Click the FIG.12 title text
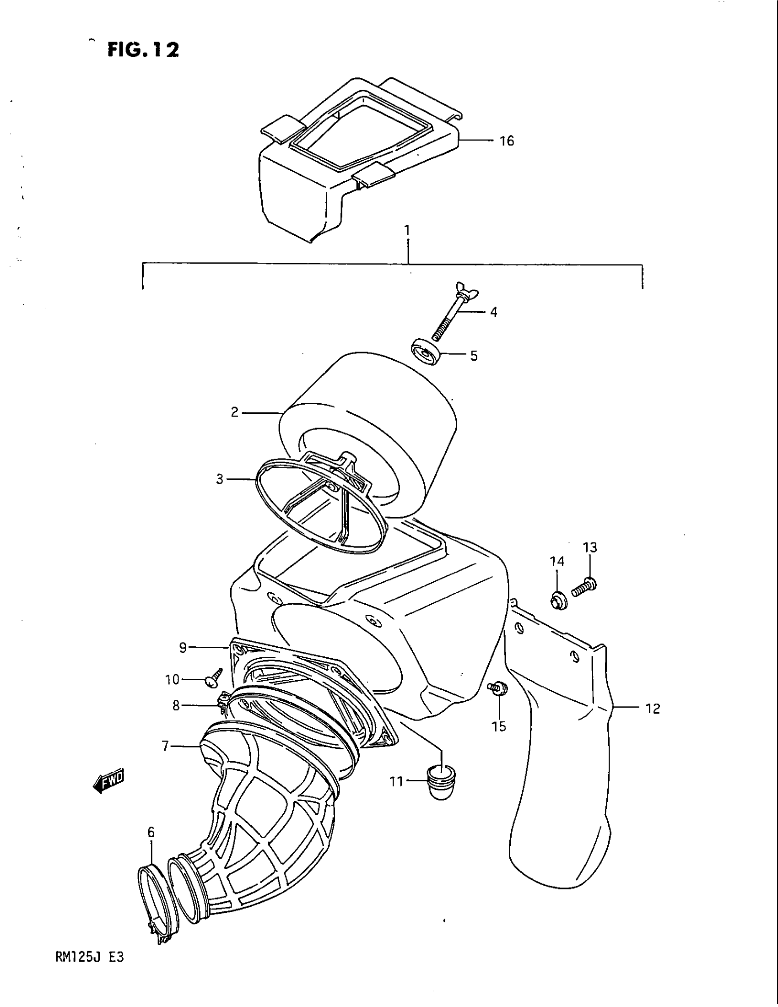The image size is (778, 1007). click(143, 50)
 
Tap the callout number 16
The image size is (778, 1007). click(507, 141)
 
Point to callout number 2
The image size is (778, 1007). click(235, 412)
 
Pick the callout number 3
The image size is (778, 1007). click(219, 479)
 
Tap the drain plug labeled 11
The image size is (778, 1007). click(442, 782)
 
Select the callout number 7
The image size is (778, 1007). click(166, 746)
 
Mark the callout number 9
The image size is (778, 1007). click(183, 647)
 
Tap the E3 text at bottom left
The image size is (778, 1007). click(116, 957)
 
